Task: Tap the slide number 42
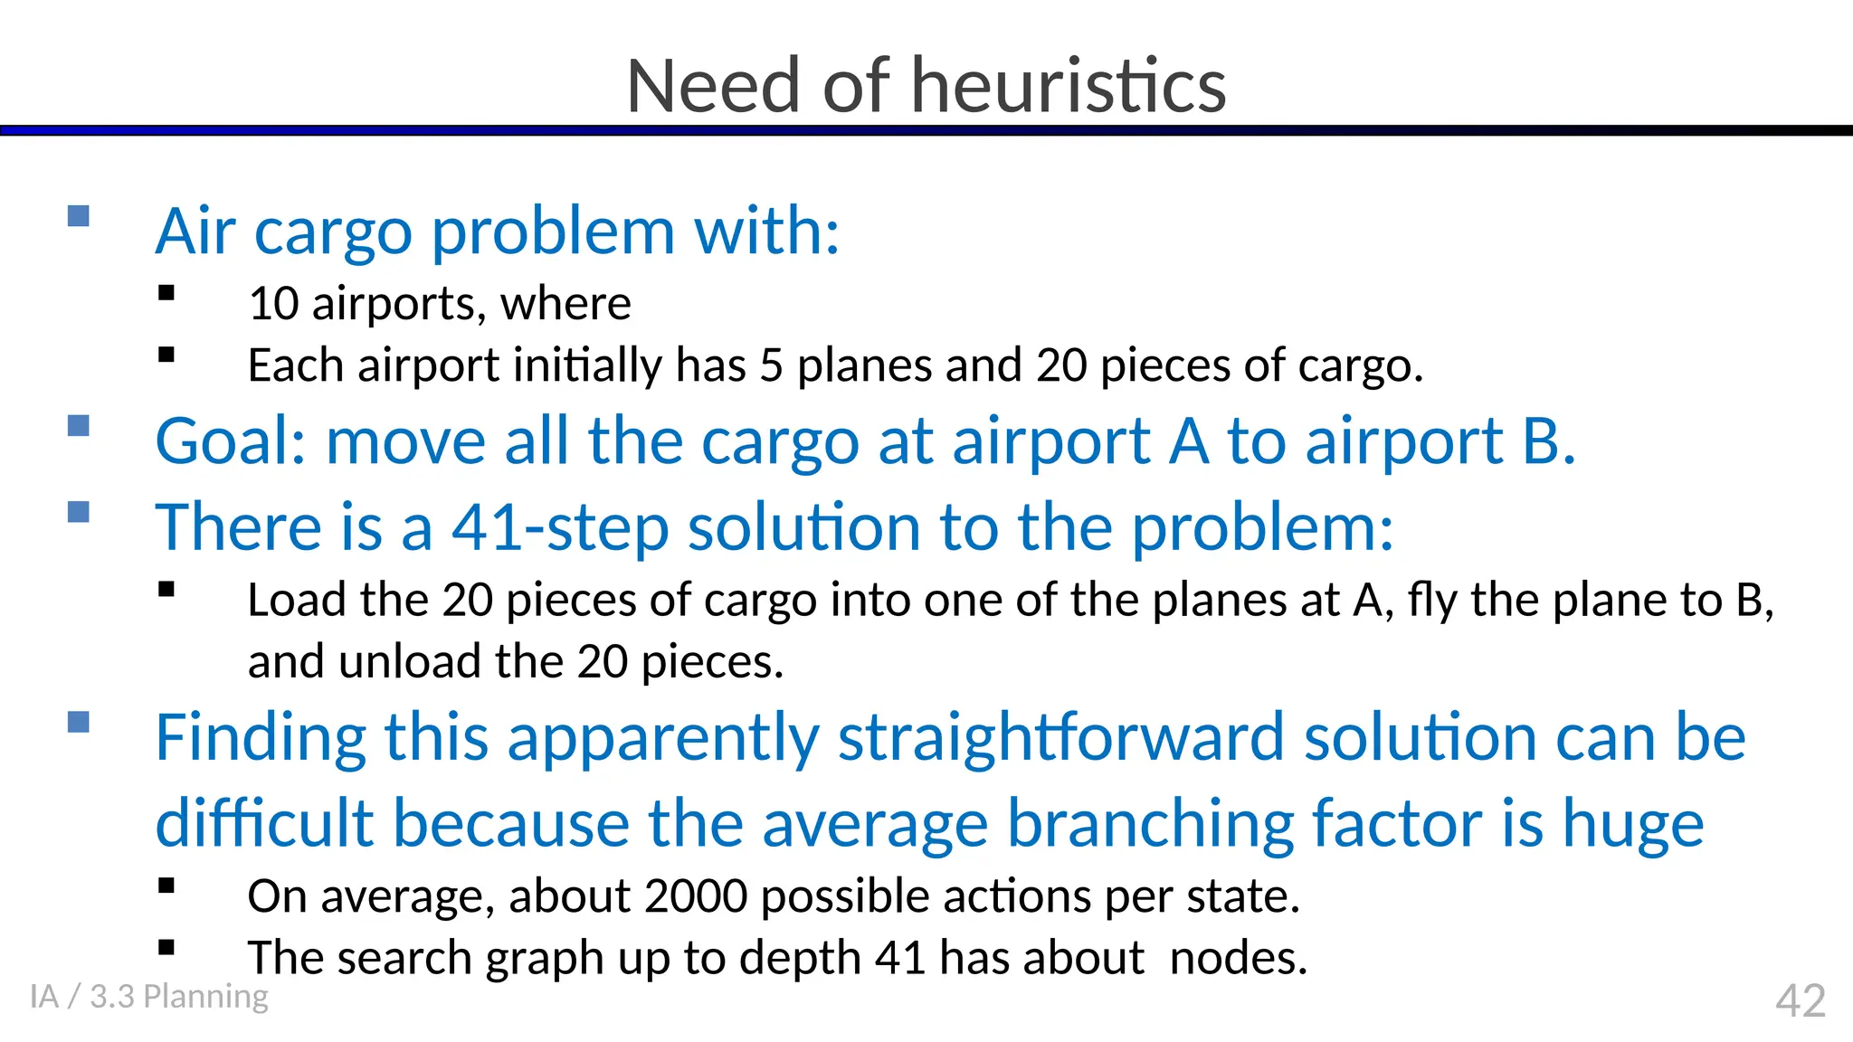point(1800,1001)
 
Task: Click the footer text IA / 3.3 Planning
point(149,996)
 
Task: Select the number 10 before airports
point(273,304)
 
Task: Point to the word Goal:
point(231,442)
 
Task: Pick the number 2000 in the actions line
point(696,896)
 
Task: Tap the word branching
point(1150,824)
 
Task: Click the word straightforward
point(1060,738)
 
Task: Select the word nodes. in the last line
point(1238,958)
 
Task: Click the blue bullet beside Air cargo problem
point(79,215)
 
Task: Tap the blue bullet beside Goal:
point(79,425)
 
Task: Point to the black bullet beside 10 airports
point(166,293)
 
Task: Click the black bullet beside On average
point(166,886)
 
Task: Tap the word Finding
point(261,738)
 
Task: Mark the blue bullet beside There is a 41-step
point(79,512)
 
